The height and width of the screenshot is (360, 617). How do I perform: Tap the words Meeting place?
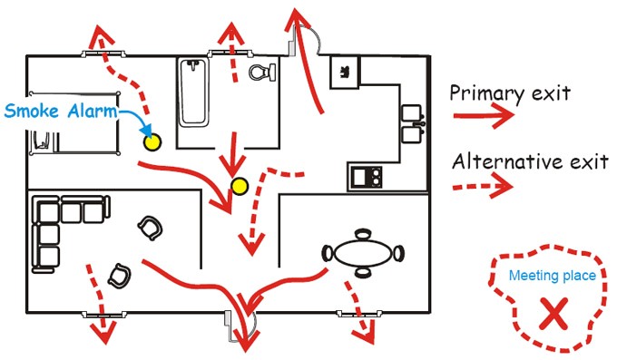552,276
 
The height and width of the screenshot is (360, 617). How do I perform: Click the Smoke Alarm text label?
62,112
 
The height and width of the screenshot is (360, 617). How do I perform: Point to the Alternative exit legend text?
529,163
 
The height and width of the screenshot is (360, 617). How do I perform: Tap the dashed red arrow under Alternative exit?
484,188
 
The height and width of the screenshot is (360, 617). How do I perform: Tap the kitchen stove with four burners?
367,175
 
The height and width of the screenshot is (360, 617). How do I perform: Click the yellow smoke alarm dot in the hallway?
240,187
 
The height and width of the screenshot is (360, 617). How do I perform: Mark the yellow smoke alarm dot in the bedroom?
152,141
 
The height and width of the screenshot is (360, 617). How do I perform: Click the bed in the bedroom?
73,127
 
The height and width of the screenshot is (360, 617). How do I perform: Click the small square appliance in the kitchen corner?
346,71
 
